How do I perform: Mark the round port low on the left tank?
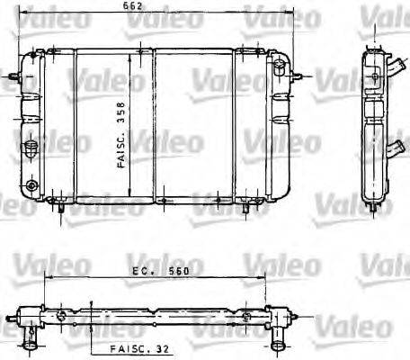click(33, 186)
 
